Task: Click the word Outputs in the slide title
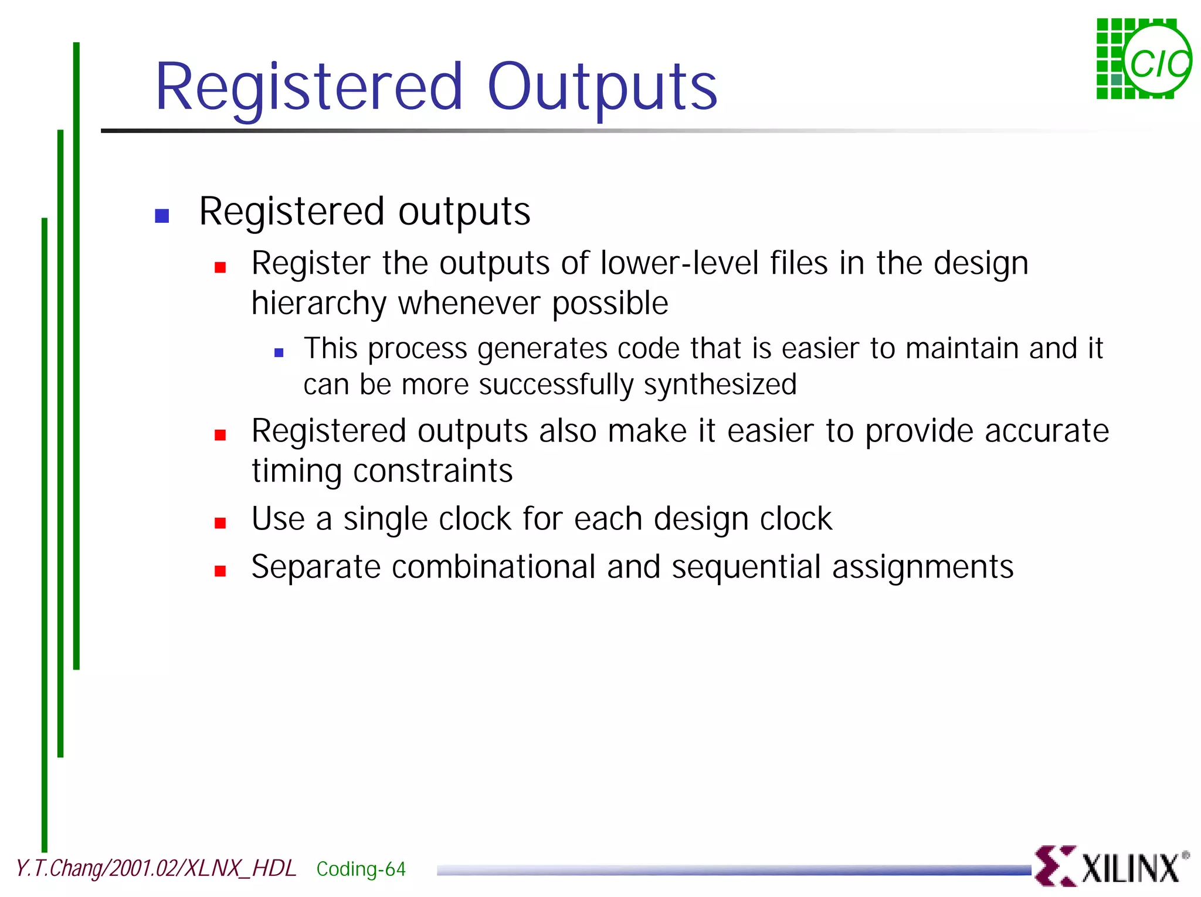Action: [602, 88]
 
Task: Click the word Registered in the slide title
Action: [309, 88]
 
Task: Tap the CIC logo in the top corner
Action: [1144, 59]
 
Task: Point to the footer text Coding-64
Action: [361, 869]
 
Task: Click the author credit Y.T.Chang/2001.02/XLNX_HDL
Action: [156, 868]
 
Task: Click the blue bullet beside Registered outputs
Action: [162, 216]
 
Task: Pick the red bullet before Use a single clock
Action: [220, 523]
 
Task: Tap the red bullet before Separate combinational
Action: [220, 571]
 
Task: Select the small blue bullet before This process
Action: [279, 352]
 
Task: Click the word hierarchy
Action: [318, 304]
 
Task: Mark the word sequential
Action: [747, 568]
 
